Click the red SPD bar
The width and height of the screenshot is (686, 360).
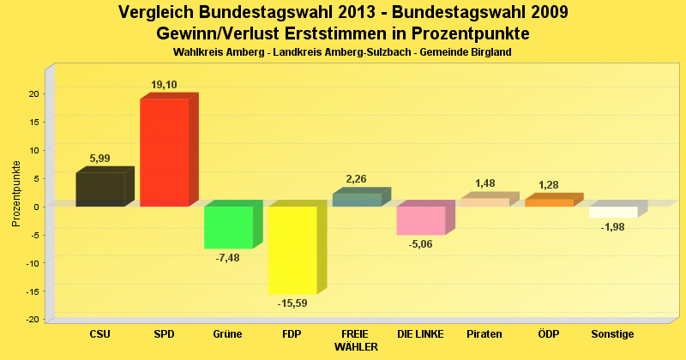pos(164,153)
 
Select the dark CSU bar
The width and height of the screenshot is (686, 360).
pos(99,189)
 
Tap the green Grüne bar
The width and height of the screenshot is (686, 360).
pos(228,227)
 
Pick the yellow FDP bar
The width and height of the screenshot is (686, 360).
pos(292,249)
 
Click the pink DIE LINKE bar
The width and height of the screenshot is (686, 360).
pos(420,220)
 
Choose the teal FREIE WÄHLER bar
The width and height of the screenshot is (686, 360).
pos(356,200)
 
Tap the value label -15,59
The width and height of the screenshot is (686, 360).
pos(292,303)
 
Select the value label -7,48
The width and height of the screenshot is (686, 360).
pos(228,257)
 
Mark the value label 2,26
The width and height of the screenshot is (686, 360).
pos(357,179)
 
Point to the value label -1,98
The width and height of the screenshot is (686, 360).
pos(613,227)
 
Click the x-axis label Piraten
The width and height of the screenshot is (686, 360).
pos(484,333)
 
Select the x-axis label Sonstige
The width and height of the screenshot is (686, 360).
pos(613,333)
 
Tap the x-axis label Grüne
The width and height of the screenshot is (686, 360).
pos(228,333)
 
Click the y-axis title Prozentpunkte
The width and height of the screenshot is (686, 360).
pos(16,194)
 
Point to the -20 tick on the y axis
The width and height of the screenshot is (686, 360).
pos(33,319)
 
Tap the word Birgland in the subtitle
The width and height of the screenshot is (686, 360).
pos(490,52)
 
